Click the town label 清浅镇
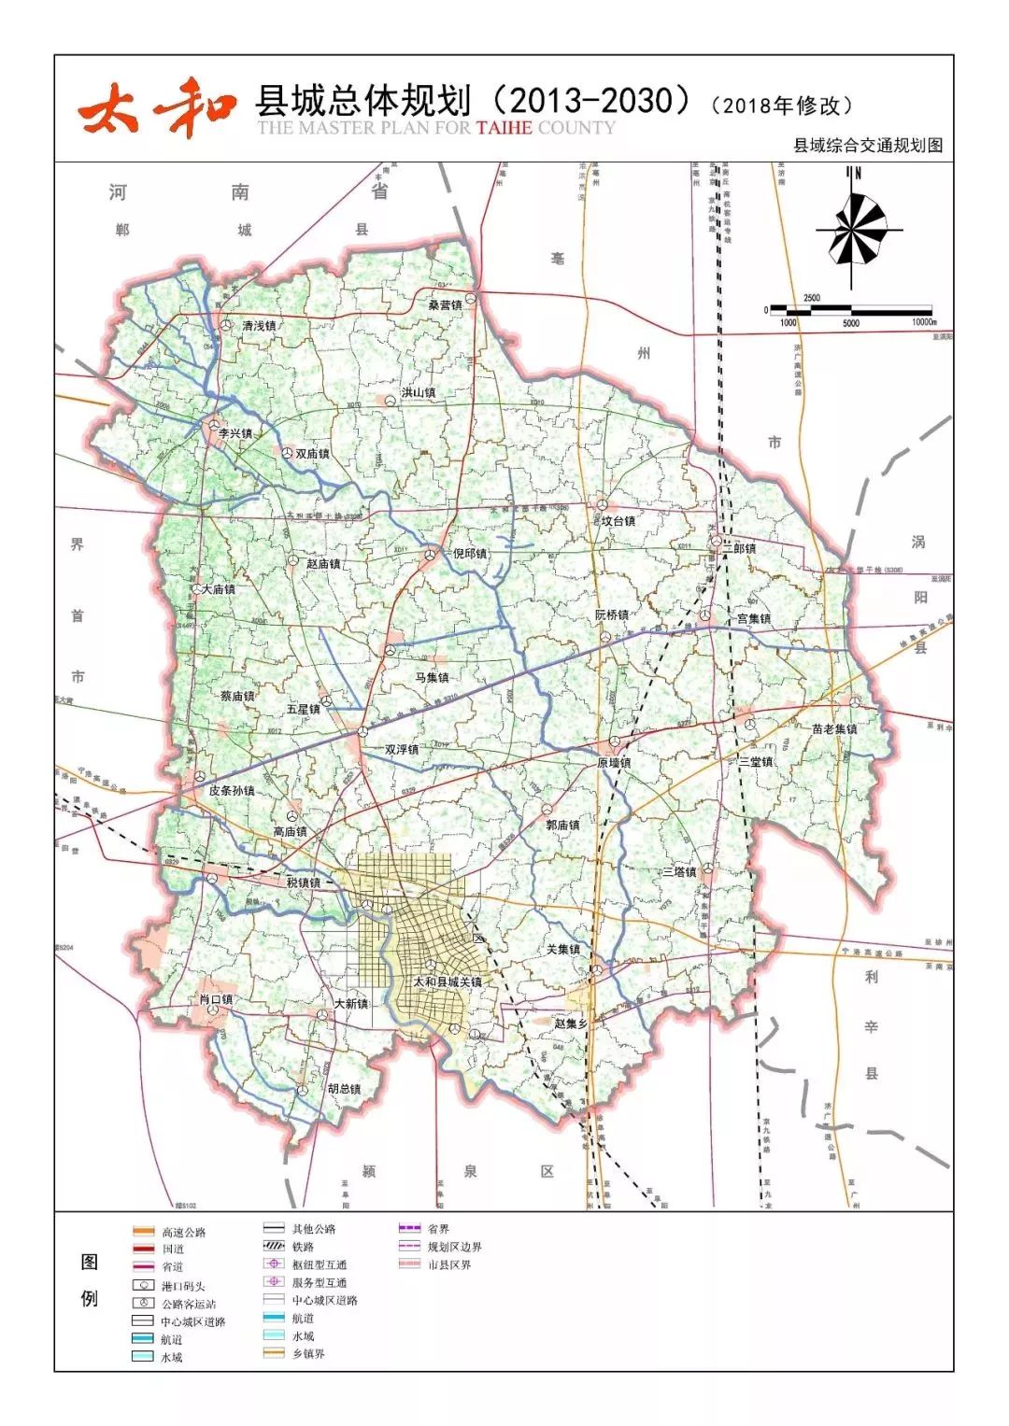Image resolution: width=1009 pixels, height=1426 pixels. (x=259, y=326)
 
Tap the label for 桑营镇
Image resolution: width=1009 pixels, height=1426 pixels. (x=445, y=305)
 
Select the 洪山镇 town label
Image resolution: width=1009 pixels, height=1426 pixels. (x=418, y=393)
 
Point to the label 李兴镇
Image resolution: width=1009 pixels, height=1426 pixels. (x=234, y=434)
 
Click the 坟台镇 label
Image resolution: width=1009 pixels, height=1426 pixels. (x=618, y=521)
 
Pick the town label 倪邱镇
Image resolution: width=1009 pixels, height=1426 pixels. (x=469, y=554)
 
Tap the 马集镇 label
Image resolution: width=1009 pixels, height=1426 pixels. (x=432, y=677)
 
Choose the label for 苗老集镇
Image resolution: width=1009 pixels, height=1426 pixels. (x=833, y=729)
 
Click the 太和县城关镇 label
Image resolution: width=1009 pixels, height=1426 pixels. (x=448, y=982)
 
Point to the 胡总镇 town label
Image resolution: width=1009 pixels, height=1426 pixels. (x=343, y=1089)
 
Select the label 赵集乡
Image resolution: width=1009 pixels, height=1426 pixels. (x=570, y=1024)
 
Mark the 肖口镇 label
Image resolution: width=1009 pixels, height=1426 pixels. (x=216, y=1000)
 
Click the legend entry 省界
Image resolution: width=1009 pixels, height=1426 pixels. (x=437, y=1229)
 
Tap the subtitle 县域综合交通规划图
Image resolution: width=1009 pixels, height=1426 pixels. (x=867, y=146)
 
